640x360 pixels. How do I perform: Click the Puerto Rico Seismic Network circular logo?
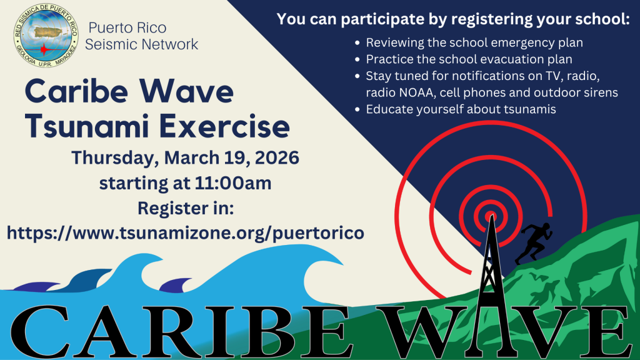click(46, 36)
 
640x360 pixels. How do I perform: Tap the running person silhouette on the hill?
click(534, 243)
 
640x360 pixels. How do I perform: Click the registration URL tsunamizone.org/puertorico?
click(186, 233)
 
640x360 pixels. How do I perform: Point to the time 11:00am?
click(233, 183)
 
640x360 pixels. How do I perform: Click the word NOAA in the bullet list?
click(416, 92)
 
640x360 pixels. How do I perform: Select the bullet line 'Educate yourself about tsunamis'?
click(461, 109)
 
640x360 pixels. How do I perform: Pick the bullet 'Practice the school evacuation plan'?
click(469, 59)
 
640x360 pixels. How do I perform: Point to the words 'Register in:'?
click(186, 208)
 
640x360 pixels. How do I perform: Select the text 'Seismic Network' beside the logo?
click(142, 44)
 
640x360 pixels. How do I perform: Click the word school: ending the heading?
click(602, 19)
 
